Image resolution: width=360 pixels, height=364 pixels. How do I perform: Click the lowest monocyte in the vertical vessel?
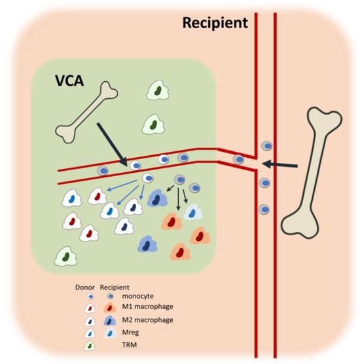264,209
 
